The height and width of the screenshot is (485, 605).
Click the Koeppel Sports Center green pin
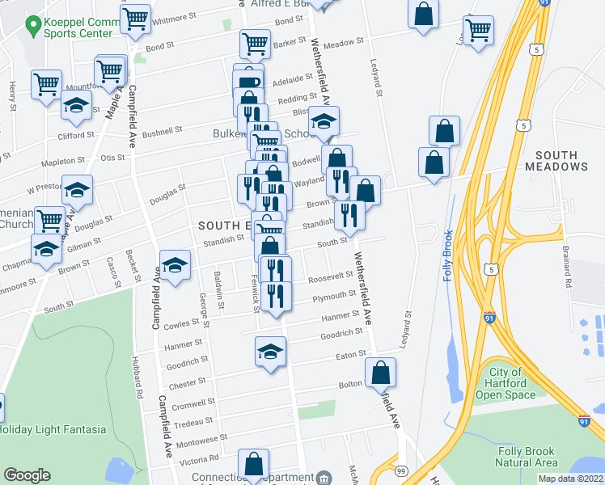(33, 27)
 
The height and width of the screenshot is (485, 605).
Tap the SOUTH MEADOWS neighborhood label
(566, 161)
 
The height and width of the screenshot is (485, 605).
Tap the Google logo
(27, 475)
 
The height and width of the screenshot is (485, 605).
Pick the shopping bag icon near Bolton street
(380, 373)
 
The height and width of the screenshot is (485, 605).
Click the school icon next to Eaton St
(271, 352)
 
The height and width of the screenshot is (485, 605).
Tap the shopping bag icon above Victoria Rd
(253, 464)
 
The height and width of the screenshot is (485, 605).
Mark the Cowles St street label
(181, 323)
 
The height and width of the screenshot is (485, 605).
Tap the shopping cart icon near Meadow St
(478, 31)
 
